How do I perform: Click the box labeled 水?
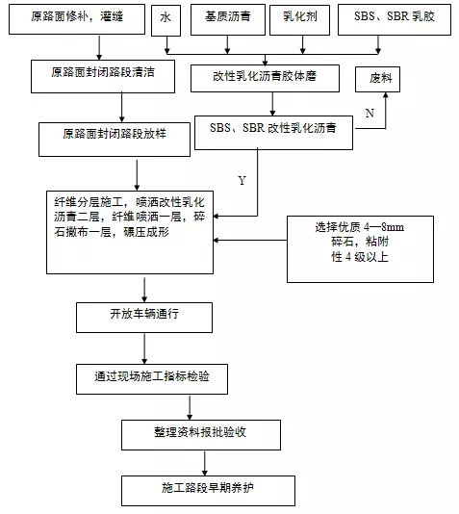click(166, 20)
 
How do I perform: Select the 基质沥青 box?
click(228, 19)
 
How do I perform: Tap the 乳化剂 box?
click(299, 19)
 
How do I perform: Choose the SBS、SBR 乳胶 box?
click(395, 19)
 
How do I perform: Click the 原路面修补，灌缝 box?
click(77, 19)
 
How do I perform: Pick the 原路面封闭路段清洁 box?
click(103, 76)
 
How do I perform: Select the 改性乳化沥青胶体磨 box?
click(265, 78)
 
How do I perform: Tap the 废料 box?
click(377, 80)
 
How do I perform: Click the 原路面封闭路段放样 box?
click(115, 140)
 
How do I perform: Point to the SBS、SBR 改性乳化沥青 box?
click(273, 133)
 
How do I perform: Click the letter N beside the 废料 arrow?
click(370, 114)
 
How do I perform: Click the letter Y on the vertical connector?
click(242, 181)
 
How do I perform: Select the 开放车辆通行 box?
click(144, 318)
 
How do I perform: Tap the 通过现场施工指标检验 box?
click(152, 379)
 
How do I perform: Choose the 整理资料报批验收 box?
click(201, 435)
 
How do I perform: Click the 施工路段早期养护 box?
click(208, 491)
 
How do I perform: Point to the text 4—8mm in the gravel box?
click(384, 227)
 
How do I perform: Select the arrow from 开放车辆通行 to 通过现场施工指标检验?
click(144, 348)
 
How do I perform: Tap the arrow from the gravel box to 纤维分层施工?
click(250, 241)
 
